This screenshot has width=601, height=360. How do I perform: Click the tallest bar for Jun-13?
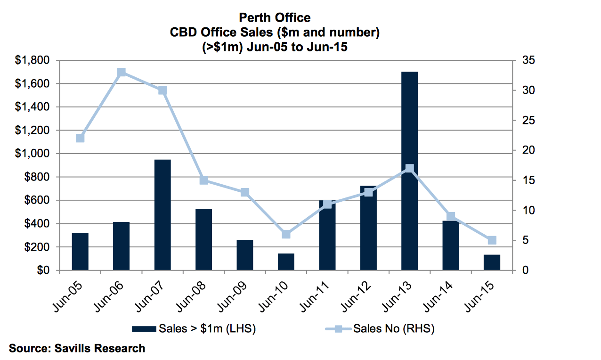(x=409, y=171)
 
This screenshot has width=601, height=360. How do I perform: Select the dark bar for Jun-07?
(x=162, y=215)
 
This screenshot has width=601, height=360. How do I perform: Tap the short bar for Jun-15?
(x=492, y=262)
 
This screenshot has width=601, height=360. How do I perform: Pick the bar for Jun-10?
(x=286, y=262)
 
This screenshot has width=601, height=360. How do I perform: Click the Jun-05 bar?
(x=80, y=252)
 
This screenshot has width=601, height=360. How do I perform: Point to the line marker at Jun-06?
(x=122, y=73)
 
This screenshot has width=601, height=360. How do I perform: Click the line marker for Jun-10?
(x=286, y=234)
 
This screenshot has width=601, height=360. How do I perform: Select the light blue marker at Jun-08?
(x=204, y=180)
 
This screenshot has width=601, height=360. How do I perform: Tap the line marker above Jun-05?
(x=80, y=138)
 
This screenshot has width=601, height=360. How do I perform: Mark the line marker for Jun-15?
(x=492, y=240)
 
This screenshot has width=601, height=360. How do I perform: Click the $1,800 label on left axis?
(x=32, y=60)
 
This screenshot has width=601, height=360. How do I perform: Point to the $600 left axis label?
(x=37, y=200)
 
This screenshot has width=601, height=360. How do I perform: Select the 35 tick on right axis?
(x=528, y=60)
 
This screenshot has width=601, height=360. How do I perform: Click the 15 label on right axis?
(x=528, y=180)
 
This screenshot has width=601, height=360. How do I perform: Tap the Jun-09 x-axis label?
(x=232, y=297)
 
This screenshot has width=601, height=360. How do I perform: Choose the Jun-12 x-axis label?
(x=356, y=297)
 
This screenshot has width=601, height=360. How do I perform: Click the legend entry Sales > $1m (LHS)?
(x=194, y=328)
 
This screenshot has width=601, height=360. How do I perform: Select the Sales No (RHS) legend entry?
(x=380, y=328)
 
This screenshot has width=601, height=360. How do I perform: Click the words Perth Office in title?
(x=275, y=18)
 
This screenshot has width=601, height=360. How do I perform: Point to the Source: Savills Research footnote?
(x=77, y=349)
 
